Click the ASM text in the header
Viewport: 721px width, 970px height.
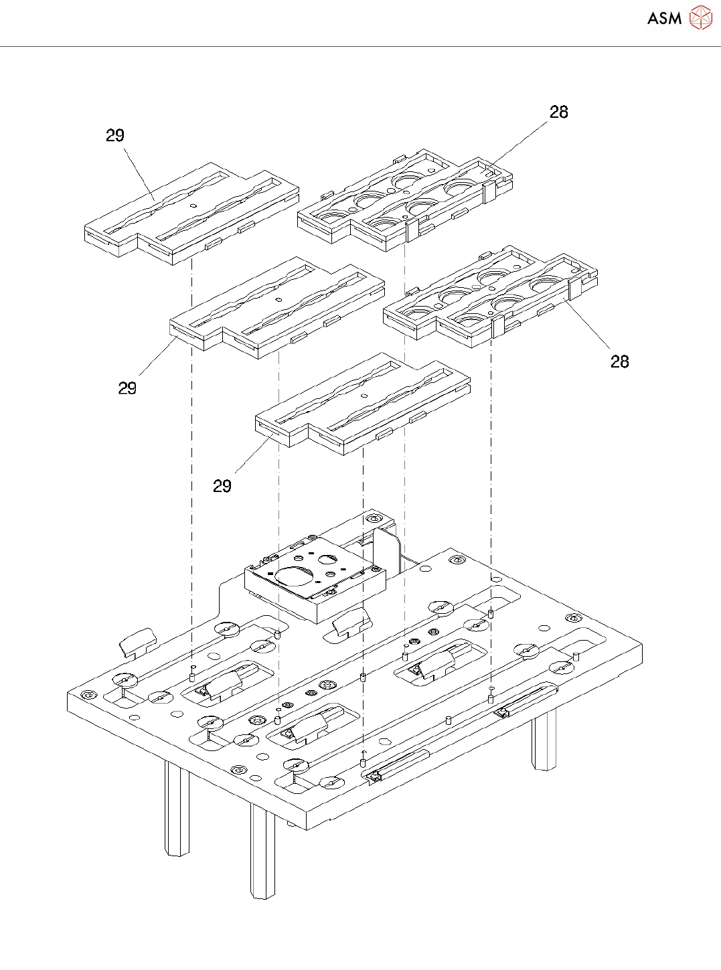coord(664,18)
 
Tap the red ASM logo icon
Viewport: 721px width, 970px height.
coord(700,17)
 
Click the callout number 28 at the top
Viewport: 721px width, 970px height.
coord(559,112)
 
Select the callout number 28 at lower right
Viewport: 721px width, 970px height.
coord(620,361)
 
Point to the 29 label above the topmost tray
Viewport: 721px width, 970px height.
coord(115,135)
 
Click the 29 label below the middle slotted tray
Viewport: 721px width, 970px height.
coord(127,388)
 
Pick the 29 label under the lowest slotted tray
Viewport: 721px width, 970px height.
coord(222,486)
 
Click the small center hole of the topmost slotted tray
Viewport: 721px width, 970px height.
coord(193,206)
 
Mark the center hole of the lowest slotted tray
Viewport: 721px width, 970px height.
coord(364,396)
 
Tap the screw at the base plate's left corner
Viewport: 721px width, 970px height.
coord(88,694)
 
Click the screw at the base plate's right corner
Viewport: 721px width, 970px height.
coord(573,618)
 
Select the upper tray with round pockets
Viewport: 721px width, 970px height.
coord(405,201)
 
